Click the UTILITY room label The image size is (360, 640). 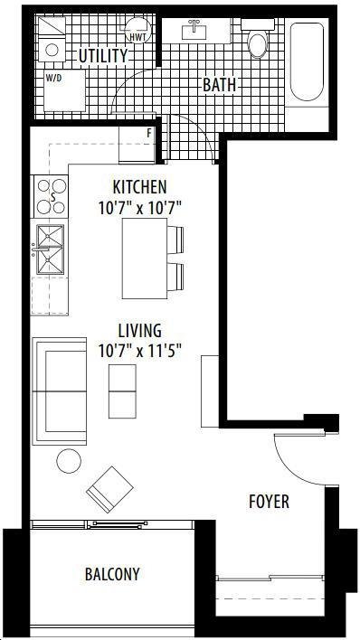103,56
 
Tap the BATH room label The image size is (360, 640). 220,85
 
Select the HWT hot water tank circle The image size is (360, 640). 137,30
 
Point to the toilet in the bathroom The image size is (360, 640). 258,39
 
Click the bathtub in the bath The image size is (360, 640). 307,61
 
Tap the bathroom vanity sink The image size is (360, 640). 194,31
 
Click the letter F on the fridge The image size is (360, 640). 149,133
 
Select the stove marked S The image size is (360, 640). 51,196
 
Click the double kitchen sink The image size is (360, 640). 50,249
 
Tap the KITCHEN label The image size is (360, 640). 140,187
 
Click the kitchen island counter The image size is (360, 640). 145,259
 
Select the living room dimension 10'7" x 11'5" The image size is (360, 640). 140,351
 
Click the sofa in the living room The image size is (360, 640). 60,391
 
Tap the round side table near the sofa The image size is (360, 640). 69,461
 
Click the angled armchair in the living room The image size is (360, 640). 110,489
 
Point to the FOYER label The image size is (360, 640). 269,502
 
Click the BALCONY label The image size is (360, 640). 112,574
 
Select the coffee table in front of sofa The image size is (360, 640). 123,391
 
